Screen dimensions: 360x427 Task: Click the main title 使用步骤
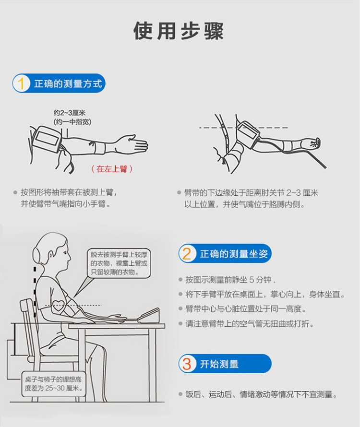[179, 31]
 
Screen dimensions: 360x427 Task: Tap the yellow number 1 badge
[21, 83]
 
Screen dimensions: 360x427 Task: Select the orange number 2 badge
[187, 254]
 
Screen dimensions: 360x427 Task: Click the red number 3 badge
[187, 364]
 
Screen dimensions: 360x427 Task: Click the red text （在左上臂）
[112, 169]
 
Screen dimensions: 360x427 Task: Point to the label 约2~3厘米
[70, 113]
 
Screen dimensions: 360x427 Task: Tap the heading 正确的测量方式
[68, 83]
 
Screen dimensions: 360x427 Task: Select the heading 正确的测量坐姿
[234, 254]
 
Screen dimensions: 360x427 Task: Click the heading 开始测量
[219, 364]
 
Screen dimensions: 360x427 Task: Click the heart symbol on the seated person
[58, 305]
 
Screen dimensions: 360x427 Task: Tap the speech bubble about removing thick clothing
[119, 263]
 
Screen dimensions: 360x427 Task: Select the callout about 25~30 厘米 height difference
[53, 384]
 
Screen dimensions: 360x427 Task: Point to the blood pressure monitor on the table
[148, 315]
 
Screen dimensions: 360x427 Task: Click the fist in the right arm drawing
[313, 143]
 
